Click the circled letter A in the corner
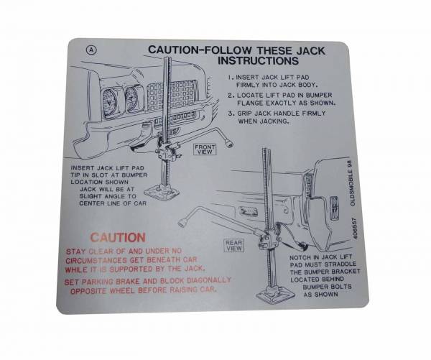tap(89, 50)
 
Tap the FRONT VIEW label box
tap(205, 149)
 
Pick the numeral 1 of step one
tap(230, 77)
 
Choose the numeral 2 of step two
tap(230, 94)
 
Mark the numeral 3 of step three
tap(230, 113)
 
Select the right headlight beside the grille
tap(132, 99)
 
